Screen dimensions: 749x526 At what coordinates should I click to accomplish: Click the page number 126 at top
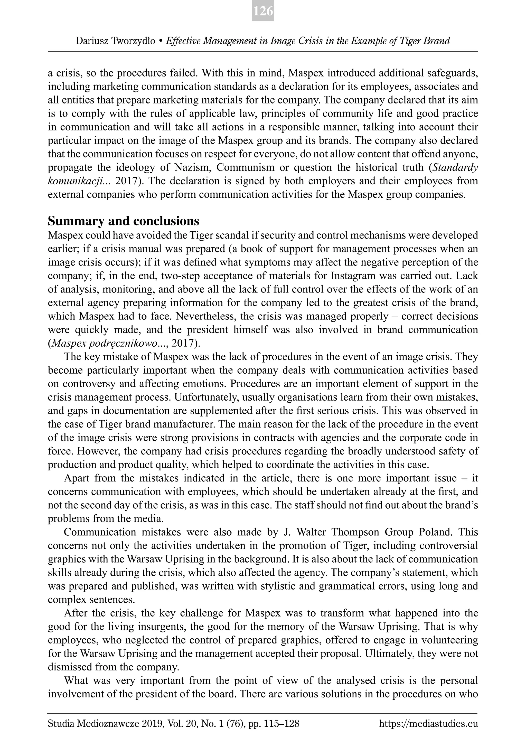pos(263,11)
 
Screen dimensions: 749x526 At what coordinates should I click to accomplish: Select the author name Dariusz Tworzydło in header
pos(116,41)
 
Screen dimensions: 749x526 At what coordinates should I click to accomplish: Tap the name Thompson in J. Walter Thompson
pos(355,532)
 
